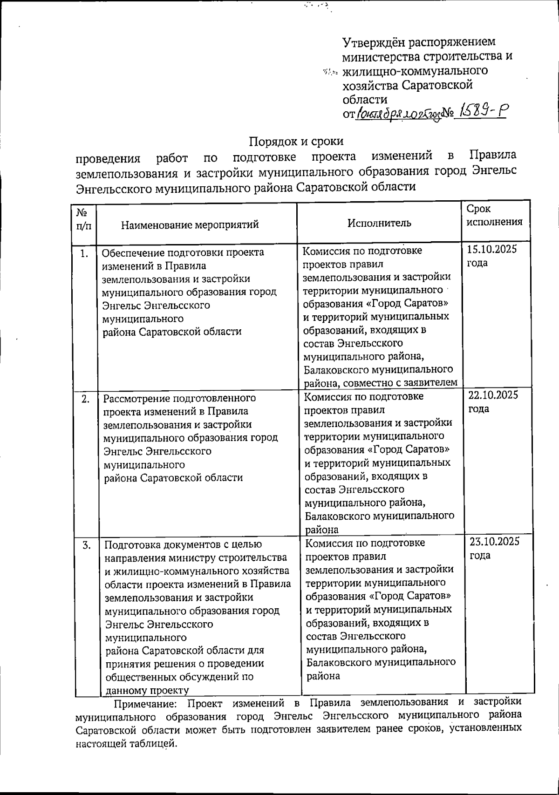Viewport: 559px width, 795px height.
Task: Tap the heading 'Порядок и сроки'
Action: [x=296, y=141]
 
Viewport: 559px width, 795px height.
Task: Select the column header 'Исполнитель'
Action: [x=379, y=223]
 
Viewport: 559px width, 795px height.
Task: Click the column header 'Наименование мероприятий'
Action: [x=190, y=225]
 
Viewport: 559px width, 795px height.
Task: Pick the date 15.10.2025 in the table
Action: [x=492, y=249]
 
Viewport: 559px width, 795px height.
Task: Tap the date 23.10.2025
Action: [x=494, y=541]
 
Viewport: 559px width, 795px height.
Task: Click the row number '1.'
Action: [x=84, y=254]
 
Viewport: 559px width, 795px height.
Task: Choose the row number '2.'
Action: [x=85, y=399]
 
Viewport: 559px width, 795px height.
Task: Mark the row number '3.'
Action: [x=86, y=545]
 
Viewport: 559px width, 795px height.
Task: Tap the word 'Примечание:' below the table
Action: [x=145, y=702]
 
